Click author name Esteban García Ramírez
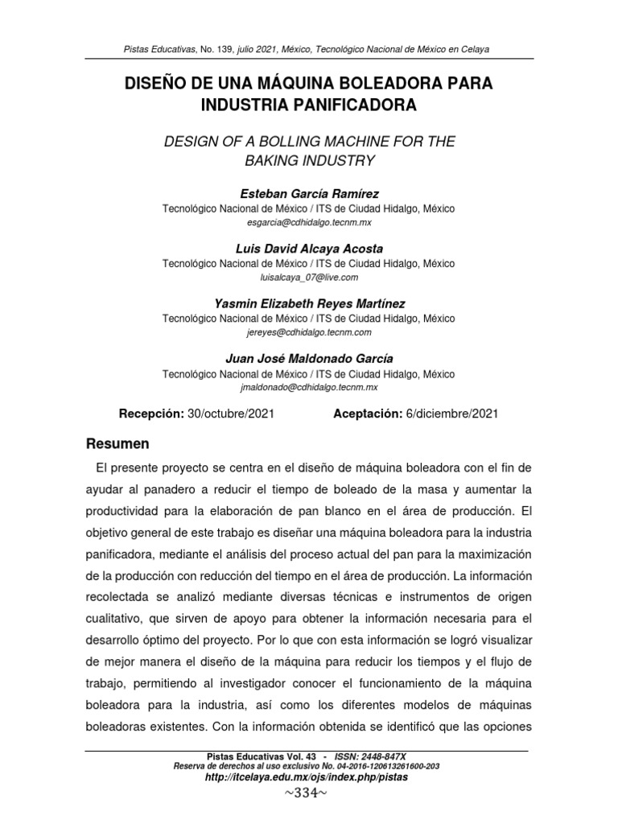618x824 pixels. coord(308,195)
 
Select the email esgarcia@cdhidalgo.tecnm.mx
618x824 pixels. coord(308,221)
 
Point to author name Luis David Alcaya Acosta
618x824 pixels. coord(308,249)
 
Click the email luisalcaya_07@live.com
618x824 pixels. coord(308,276)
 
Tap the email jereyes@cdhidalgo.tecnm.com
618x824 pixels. coord(308,331)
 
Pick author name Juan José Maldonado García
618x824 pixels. coord(308,358)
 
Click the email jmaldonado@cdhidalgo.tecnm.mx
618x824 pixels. coord(308,386)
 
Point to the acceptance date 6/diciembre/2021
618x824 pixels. coord(452,414)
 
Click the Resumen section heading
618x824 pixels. coord(117,443)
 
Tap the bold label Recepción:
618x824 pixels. coord(152,414)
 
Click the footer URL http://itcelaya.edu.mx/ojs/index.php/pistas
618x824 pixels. coord(308,779)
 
